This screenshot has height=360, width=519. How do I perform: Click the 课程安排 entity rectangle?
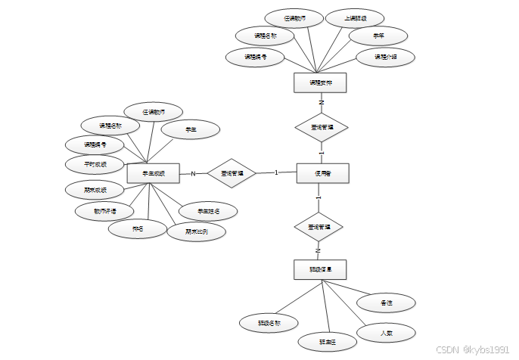tap(319, 82)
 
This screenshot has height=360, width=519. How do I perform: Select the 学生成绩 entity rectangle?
tap(153, 173)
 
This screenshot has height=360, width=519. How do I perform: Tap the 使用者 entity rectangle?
tap(322, 173)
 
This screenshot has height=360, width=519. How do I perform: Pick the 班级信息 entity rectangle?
tap(319, 269)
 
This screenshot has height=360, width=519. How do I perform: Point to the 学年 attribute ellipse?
tap(378, 36)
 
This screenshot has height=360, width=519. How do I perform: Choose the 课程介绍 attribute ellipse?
tap(384, 57)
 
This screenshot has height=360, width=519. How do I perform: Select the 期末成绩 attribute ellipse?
tap(95, 189)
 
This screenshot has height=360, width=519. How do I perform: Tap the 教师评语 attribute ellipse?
tap(104, 211)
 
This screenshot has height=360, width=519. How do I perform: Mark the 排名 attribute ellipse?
tap(138, 228)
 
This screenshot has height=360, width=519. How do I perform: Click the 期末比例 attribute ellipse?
tap(196, 231)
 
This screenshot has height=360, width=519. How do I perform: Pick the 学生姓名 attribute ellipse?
tap(208, 212)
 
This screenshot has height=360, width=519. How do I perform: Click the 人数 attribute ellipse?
tap(386, 332)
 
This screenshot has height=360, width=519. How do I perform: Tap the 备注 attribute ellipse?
tap(386, 303)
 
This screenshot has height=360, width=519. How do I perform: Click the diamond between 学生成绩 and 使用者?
tap(232, 173)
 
